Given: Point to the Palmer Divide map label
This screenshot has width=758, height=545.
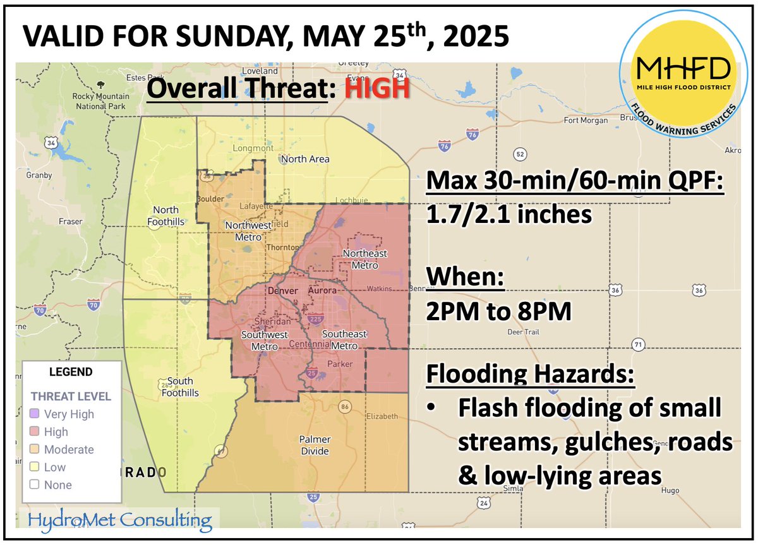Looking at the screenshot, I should coord(315,445).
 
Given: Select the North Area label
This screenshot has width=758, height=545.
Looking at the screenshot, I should coord(305,159).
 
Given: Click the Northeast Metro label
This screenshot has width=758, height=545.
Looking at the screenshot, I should coord(364,259).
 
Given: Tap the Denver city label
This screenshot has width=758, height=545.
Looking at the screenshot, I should coord(282,291).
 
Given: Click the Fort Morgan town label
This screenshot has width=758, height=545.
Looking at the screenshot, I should coord(586,120).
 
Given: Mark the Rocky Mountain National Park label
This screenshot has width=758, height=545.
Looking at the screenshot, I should coord(100,101).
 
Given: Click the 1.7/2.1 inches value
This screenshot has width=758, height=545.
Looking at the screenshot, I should coord(510,215).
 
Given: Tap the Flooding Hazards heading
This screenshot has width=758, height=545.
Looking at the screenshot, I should coord(530,374).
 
